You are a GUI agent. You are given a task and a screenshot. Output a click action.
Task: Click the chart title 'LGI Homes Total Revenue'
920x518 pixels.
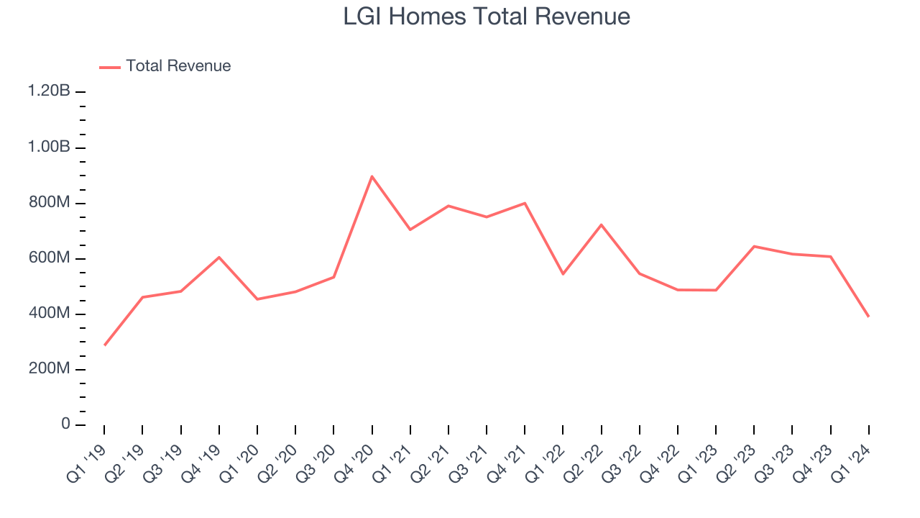[x=487, y=17]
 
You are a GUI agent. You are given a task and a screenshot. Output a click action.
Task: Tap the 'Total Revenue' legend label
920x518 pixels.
[x=178, y=66]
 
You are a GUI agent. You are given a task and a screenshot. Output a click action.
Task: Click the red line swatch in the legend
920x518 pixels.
[x=110, y=67]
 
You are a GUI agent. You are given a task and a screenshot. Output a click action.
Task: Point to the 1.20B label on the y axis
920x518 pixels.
[x=49, y=91]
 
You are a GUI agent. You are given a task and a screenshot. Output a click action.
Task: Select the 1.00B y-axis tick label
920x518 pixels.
[x=49, y=147]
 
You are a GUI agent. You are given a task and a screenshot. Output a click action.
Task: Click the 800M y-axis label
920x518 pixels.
[x=48, y=203]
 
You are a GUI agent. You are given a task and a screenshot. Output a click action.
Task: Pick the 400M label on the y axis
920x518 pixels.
[x=48, y=314]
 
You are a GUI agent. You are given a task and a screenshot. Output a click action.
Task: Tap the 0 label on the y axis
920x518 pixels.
[x=65, y=424]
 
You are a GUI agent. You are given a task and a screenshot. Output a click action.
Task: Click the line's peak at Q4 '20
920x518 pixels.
[x=372, y=176]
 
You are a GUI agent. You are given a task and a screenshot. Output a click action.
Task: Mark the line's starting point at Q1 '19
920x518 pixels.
[x=104, y=345]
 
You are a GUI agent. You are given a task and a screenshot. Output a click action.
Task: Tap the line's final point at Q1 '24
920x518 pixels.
[x=868, y=317]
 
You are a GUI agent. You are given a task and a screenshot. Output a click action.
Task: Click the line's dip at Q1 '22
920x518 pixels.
[x=563, y=274]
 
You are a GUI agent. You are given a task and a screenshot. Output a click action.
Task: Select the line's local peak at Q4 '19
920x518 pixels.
[x=218, y=257]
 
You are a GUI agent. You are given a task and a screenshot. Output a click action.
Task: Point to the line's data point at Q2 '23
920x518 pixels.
[x=754, y=246]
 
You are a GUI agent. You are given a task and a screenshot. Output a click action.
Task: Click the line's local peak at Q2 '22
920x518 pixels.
[x=601, y=224]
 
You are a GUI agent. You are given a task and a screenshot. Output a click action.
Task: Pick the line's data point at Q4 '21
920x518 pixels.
[x=525, y=203]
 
